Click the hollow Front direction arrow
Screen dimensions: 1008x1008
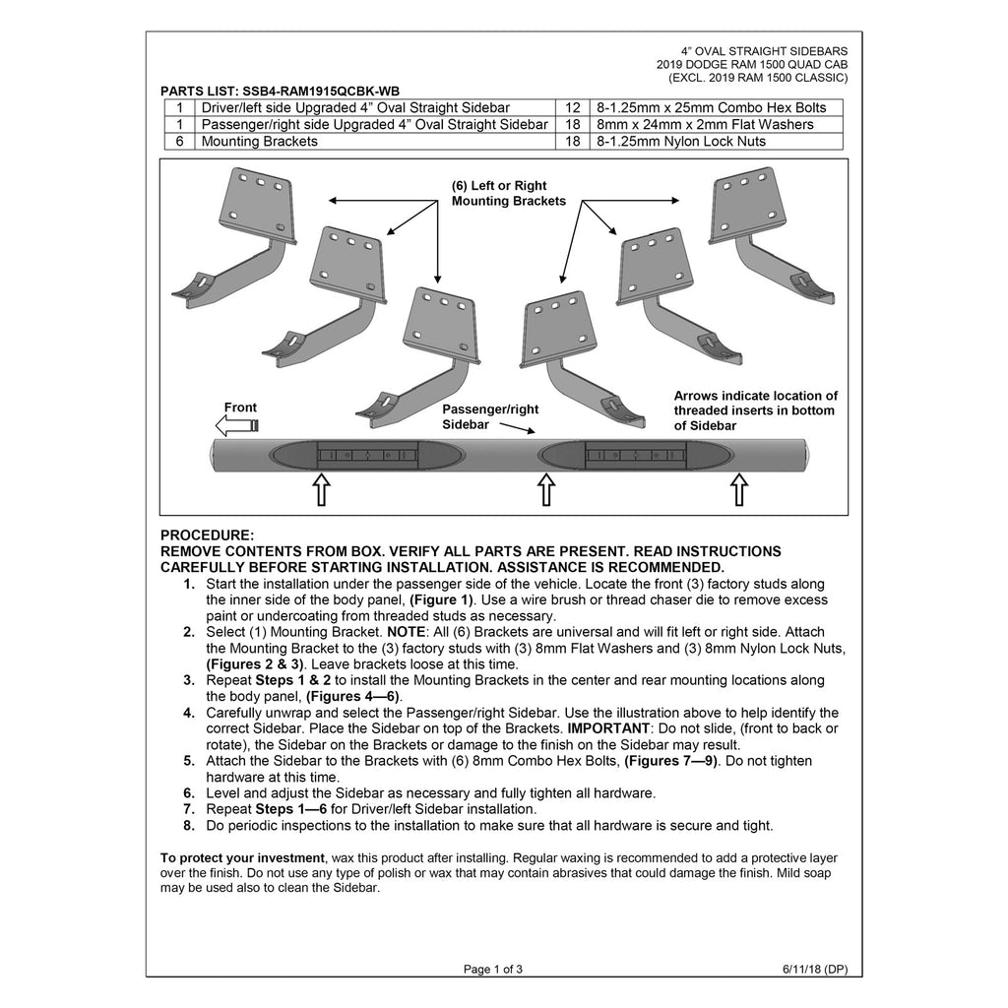click(236, 425)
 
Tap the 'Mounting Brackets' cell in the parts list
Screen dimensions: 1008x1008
click(259, 142)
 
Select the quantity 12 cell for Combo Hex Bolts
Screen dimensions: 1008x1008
click(572, 108)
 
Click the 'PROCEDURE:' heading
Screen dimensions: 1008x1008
click(207, 535)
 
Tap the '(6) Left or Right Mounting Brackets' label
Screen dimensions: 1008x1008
click(509, 194)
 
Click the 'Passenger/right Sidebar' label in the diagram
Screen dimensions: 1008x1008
click(490, 416)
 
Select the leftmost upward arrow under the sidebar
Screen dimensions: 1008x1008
click(322, 490)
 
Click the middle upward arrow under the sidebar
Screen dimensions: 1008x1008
click(545, 490)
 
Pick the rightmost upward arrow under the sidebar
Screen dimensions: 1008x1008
click(739, 490)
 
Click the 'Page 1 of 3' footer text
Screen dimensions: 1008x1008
click(493, 970)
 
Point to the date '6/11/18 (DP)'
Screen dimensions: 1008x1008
click(814, 970)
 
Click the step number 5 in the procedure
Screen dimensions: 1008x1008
click(188, 761)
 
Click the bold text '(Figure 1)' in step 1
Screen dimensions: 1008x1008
click(441, 600)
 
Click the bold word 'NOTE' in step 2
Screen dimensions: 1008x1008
click(406, 633)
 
